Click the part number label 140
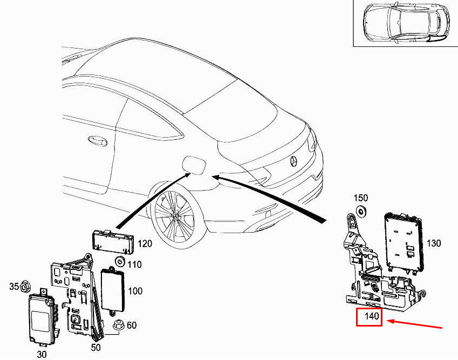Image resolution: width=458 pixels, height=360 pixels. (372, 316)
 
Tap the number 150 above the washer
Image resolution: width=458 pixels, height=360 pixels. (361, 198)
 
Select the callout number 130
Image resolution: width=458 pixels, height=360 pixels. (434, 243)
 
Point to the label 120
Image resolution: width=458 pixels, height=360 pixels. (145, 243)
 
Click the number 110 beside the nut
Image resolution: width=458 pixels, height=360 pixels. (134, 264)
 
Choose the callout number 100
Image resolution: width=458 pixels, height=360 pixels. (135, 291)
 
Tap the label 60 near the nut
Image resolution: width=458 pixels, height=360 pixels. (132, 325)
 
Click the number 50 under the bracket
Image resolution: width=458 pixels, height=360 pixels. (96, 348)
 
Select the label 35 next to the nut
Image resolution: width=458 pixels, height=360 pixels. (13, 287)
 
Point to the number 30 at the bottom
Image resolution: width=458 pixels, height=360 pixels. (42, 355)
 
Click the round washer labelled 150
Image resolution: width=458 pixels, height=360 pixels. (362, 211)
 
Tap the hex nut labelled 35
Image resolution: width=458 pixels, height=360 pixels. (25, 287)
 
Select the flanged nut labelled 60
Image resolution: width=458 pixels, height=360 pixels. (119, 325)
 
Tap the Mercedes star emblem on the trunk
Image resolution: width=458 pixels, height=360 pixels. (293, 161)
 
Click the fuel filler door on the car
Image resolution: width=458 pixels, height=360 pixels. (194, 165)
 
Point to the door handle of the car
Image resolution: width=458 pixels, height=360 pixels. (98, 141)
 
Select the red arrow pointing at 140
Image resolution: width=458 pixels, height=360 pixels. (414, 324)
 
